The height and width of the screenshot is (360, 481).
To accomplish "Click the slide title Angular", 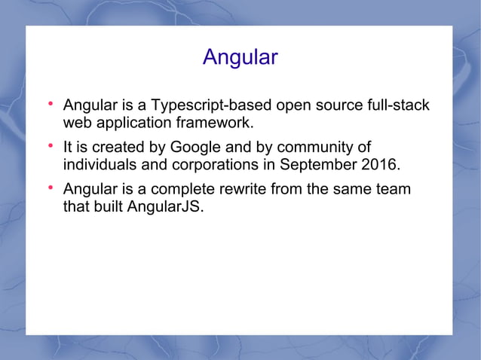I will (240, 58).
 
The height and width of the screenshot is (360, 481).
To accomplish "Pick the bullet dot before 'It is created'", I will (51, 145).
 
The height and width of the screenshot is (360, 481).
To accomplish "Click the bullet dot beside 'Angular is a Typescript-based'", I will (51, 102).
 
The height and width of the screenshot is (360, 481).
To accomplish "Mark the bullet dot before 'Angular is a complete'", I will (51, 187).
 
